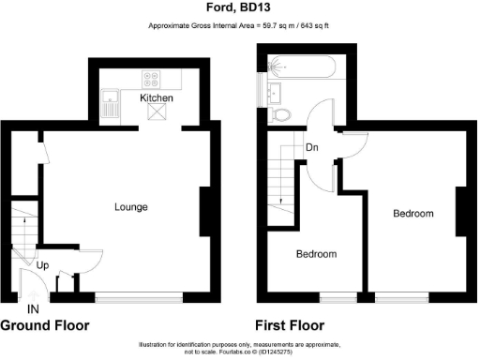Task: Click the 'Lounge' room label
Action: click(131, 206)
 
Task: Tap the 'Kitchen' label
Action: click(157, 97)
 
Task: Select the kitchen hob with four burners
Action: click(152, 79)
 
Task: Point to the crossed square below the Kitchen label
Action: click(157, 113)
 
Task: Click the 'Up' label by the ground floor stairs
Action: click(42, 265)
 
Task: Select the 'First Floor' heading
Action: click(291, 326)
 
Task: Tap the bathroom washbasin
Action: click(276, 92)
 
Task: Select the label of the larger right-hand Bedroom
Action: click(413, 214)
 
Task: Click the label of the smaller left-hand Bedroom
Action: click(317, 254)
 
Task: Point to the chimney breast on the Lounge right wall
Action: click(205, 211)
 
